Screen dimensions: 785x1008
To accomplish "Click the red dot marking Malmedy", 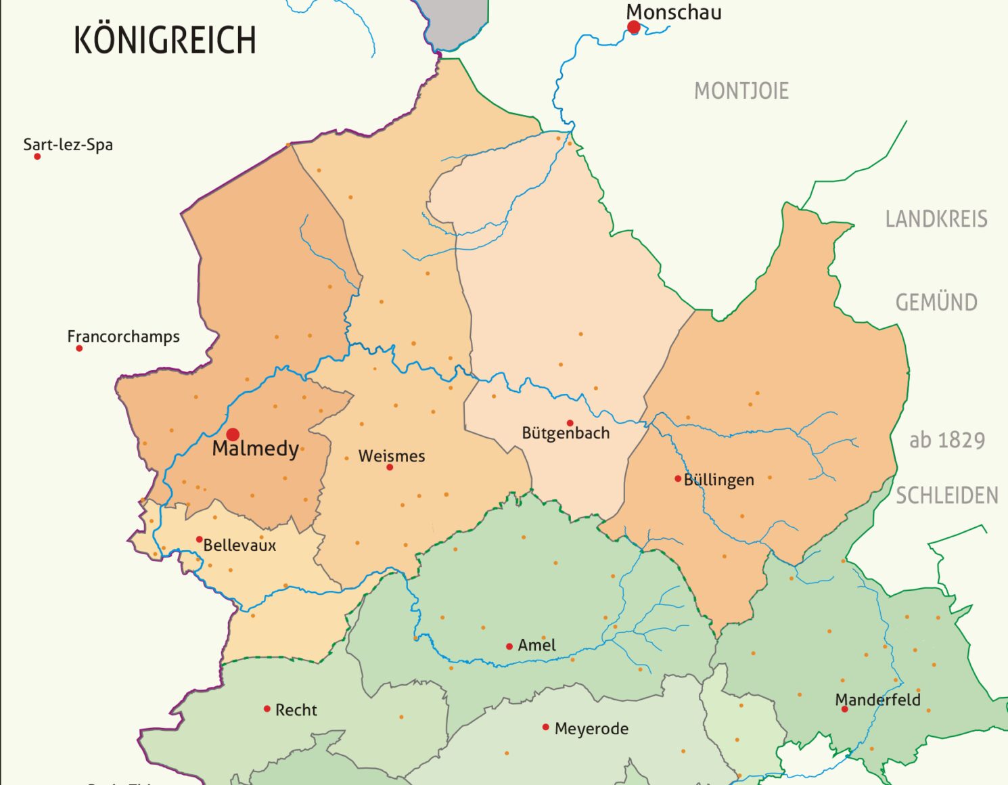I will (233, 434).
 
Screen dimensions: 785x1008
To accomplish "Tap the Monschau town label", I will (673, 12).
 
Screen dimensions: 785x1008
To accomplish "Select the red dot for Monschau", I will (634, 27).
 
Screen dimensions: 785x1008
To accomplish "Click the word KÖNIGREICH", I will (165, 40).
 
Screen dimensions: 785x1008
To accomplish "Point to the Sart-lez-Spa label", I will (68, 145).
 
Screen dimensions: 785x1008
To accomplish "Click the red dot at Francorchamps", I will (79, 349).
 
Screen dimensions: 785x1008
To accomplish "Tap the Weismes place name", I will (392, 456).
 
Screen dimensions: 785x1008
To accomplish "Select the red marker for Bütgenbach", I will (570, 423).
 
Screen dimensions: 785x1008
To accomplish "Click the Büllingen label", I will (718, 480).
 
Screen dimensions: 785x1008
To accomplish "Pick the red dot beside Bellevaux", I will (199, 539).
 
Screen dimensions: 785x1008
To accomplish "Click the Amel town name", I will (536, 646).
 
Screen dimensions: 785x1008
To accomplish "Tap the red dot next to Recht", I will (267, 709).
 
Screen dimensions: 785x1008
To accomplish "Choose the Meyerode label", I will (591, 729).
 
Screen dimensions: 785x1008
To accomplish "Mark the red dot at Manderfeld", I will (844, 709).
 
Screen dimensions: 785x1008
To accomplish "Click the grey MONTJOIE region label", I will (741, 91).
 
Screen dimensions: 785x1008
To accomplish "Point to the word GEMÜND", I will (936, 302).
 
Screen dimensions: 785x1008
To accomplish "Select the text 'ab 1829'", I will (946, 441).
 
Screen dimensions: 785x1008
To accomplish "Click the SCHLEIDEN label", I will (946, 496).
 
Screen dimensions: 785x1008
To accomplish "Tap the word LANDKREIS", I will (936, 219).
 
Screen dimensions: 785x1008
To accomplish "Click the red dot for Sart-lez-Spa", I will (37, 156).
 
